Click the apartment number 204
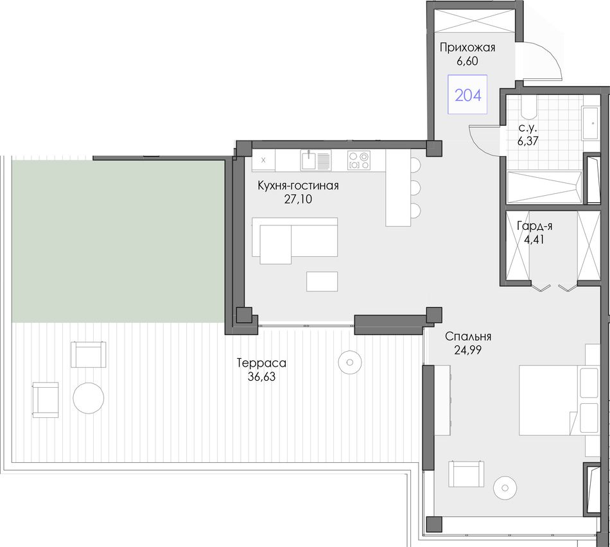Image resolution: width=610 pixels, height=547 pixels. click(468, 95)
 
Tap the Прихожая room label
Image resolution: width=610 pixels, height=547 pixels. click(467, 48)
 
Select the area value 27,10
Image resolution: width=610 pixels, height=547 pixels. click(298, 199)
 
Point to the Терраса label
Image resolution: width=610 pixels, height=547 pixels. click(261, 363)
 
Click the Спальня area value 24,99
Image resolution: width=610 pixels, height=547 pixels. click(467, 350)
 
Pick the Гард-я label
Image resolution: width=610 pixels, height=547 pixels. click(534, 226)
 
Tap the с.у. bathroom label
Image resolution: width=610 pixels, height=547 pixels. click(528, 128)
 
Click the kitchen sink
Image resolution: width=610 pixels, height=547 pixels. click(315, 160)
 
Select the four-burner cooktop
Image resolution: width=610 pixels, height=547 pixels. click(359, 160)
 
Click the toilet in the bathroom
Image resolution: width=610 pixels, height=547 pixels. click(528, 107)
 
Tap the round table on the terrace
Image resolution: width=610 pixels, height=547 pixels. click(89, 398)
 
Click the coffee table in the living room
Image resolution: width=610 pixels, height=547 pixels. click(322, 281)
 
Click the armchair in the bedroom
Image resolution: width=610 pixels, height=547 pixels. click(466, 473)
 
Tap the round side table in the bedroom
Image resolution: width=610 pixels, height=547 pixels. click(505, 487)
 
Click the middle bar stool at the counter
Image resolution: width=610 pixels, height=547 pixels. click(415, 188)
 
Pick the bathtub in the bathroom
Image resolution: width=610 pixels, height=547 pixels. click(545, 187)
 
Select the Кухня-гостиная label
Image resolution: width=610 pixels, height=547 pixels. click(298, 186)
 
